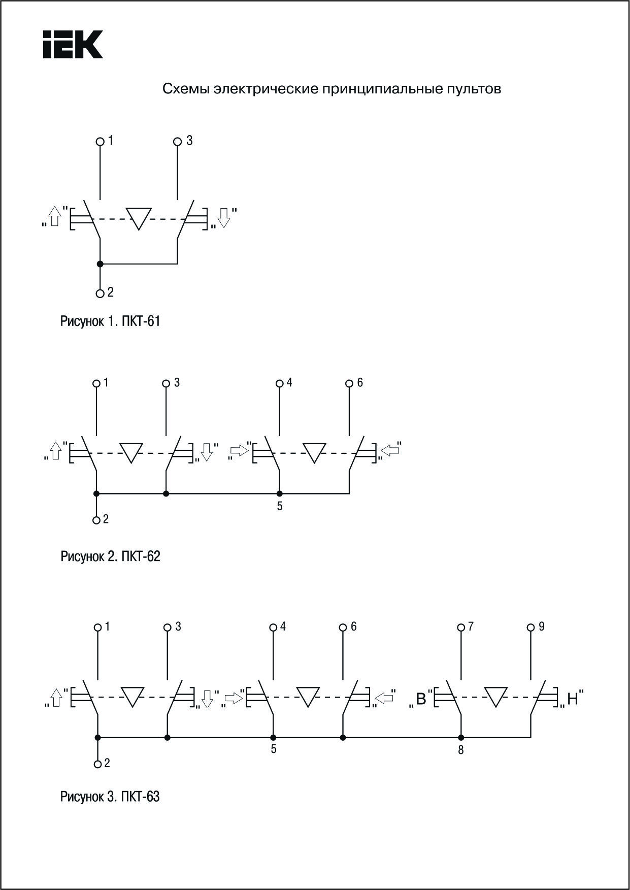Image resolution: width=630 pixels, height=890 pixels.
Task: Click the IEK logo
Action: click(x=73, y=44)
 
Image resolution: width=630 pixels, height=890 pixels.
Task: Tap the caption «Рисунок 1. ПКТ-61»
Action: click(x=110, y=321)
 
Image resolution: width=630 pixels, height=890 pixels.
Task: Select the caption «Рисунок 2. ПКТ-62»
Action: click(x=110, y=556)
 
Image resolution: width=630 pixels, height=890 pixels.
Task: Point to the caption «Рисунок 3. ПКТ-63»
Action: click(x=110, y=797)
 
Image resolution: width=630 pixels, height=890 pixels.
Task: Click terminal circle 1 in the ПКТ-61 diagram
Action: click(x=100, y=142)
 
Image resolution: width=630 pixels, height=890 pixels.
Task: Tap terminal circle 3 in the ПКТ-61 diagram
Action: click(x=177, y=142)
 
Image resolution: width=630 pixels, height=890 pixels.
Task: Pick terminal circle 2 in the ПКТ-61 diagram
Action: click(x=100, y=293)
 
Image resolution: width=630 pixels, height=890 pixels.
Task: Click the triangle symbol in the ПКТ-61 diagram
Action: click(x=139, y=218)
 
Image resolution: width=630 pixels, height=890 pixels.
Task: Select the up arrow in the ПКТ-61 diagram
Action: click(x=55, y=217)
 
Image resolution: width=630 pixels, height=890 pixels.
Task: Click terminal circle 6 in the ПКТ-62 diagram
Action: click(x=349, y=383)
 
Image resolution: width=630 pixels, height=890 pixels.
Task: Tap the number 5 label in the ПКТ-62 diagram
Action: click(x=280, y=506)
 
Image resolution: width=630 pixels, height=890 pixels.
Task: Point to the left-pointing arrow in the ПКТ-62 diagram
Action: click(x=390, y=450)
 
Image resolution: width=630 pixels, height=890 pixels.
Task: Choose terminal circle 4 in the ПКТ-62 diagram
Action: click(x=279, y=383)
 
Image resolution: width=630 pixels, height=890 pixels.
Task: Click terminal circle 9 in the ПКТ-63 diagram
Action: click(x=531, y=628)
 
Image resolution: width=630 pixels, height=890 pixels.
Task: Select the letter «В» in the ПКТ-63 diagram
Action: click(x=421, y=699)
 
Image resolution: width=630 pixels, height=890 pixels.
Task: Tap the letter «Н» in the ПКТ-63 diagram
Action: click(x=573, y=699)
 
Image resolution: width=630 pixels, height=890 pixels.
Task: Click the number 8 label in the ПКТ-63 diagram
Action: click(x=461, y=750)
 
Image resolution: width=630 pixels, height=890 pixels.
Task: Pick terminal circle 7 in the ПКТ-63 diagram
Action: click(x=461, y=628)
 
